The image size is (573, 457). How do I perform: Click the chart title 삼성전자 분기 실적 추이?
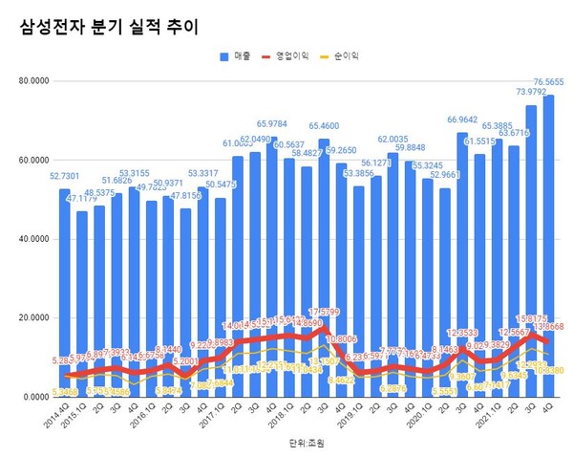(109, 28)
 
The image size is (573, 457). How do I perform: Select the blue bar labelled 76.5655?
(549, 239)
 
